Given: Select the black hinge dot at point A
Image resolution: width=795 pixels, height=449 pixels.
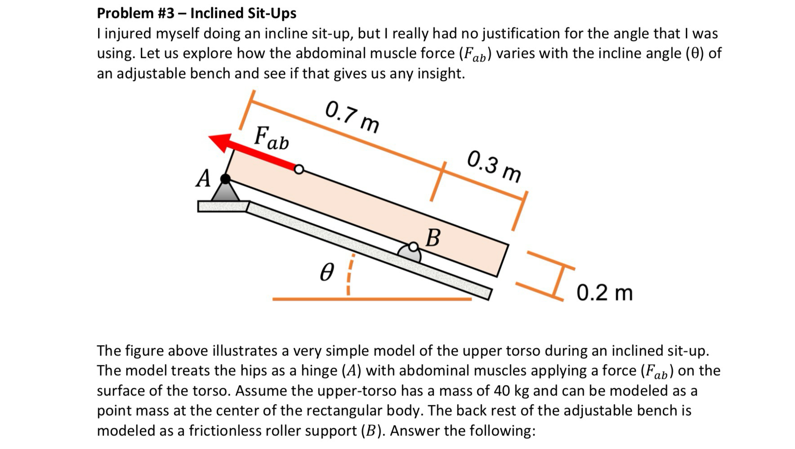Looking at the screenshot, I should [225, 179].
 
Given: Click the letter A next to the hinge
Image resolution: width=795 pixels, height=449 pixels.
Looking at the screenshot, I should [203, 178].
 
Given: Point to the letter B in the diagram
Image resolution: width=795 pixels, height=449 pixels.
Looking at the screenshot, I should [433, 238].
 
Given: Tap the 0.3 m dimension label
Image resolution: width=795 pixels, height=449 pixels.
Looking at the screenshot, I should [494, 167].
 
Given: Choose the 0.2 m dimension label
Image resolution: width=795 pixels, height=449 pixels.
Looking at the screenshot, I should [604, 293].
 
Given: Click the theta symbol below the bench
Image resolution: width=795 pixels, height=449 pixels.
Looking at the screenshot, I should [327, 273].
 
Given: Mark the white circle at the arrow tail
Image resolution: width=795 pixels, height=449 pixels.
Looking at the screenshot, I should [299, 169].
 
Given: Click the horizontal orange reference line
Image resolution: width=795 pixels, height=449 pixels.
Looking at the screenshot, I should [371, 299].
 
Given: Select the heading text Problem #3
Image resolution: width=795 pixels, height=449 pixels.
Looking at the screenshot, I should [135, 13].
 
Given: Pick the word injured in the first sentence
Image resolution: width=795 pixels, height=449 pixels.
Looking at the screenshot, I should [130, 33].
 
